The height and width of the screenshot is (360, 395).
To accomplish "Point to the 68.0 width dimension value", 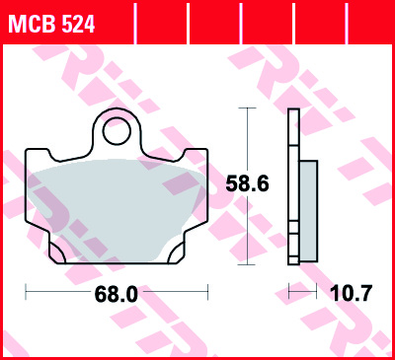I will pos(117,293).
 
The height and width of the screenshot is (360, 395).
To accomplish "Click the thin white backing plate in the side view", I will pos(292,187).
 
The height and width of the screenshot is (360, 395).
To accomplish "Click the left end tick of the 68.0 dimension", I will pos(26,293).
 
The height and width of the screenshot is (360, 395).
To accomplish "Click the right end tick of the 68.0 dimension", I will pos(208,293).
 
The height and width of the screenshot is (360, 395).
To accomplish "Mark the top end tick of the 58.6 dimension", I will pos(245,108).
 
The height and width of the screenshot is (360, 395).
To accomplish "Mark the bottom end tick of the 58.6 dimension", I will pos(245,264).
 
